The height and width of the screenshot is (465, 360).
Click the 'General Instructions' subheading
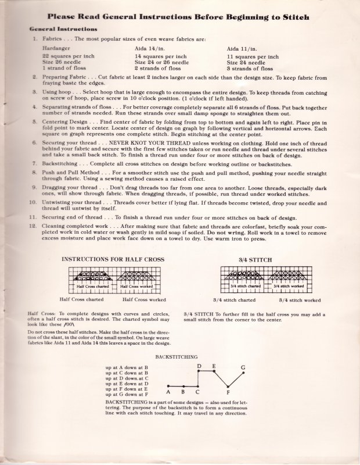click(x=63, y=28)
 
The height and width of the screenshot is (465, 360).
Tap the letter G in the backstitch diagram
click(x=243, y=367)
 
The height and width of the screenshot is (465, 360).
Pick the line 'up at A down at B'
click(x=127, y=368)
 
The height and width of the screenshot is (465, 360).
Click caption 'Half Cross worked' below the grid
click(x=144, y=300)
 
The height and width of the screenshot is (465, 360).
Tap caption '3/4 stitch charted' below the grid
click(x=234, y=300)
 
